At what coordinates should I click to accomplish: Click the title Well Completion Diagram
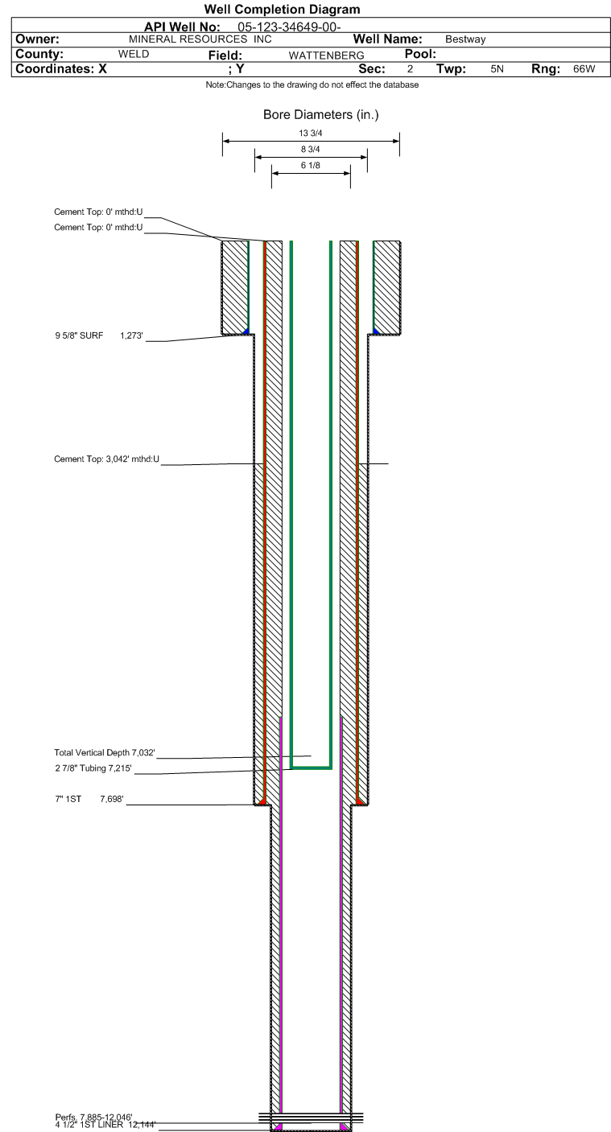[x=282, y=9]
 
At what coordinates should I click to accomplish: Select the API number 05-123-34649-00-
[x=289, y=27]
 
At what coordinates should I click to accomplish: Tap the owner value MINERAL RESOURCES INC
[x=200, y=39]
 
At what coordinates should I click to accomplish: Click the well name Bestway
[x=465, y=39]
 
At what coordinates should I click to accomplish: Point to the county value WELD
[x=134, y=54]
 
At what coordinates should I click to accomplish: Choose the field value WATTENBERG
[x=326, y=55]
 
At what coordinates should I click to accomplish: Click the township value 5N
[x=497, y=68]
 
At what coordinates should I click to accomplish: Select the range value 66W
[x=584, y=68]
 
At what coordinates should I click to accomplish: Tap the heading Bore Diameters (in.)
[x=320, y=115]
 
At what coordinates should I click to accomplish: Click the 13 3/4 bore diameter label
[x=310, y=133]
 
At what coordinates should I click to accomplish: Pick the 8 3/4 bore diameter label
[x=310, y=149]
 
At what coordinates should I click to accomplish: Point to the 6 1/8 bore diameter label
[x=310, y=165]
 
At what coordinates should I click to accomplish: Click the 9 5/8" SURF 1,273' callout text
[x=99, y=335]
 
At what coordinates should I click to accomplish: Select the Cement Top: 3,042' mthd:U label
[x=107, y=459]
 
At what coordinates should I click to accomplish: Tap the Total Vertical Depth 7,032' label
[x=105, y=752]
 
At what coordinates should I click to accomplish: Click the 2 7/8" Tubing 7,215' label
[x=93, y=768]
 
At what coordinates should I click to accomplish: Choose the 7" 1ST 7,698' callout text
[x=89, y=799]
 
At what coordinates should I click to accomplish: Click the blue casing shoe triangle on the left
[x=246, y=331]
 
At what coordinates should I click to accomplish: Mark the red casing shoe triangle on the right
[x=360, y=801]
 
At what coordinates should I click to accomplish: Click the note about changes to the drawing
[x=312, y=85]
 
